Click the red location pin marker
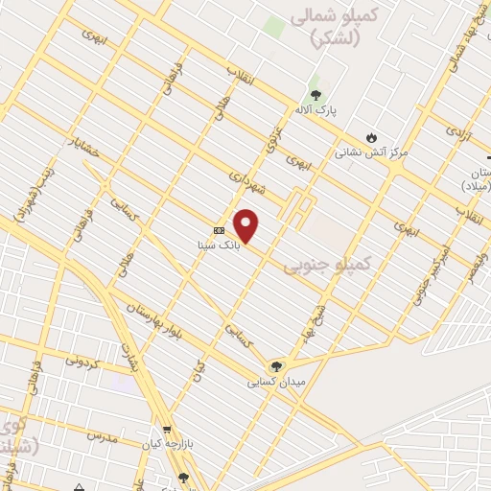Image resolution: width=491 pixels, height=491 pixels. point(246,225)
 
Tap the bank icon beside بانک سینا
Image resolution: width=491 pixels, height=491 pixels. point(219,230)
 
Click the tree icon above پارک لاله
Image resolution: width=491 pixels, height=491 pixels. point(316,94)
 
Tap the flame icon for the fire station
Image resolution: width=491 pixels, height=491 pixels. point(371,137)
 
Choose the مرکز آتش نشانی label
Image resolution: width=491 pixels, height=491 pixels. point(371,152)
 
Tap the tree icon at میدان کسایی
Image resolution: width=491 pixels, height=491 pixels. point(276,365)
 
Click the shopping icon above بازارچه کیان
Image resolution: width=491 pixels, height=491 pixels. point(168,430)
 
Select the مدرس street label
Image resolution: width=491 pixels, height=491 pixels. point(101,436)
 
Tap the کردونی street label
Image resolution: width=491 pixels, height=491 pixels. point(85,362)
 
